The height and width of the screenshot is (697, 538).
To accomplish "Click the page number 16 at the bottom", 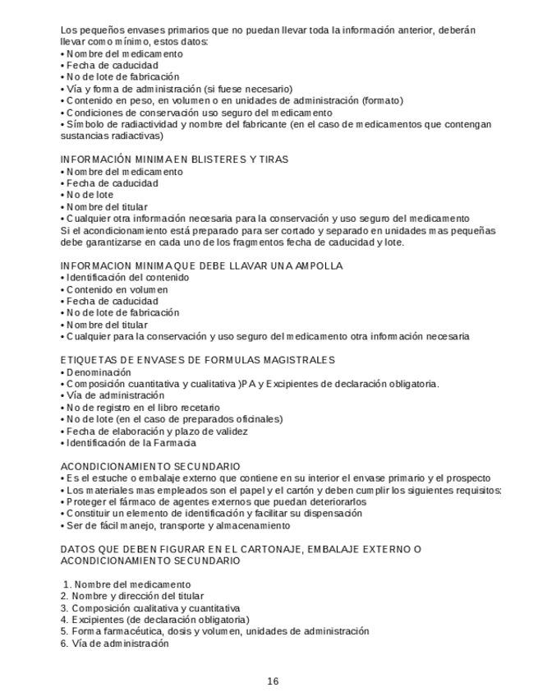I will click(273, 681).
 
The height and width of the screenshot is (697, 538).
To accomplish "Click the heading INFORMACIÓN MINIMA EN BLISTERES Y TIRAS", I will click(174, 159).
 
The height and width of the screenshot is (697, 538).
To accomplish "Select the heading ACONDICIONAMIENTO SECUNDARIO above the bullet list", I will click(150, 466).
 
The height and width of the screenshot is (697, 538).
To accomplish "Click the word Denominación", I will click(99, 372).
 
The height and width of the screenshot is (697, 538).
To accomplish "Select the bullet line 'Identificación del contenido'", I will click(127, 278).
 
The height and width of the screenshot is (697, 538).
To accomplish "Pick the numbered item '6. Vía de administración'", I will click(114, 644).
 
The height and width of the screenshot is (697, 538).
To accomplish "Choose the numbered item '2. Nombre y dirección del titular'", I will click(132, 596).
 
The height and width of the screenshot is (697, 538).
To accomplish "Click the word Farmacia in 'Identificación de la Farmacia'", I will click(177, 443).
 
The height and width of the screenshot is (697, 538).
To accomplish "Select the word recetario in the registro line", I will click(199, 407).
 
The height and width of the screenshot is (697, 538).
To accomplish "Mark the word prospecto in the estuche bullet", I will click(468, 478).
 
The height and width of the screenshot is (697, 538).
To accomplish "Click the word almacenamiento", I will click(251, 525).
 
